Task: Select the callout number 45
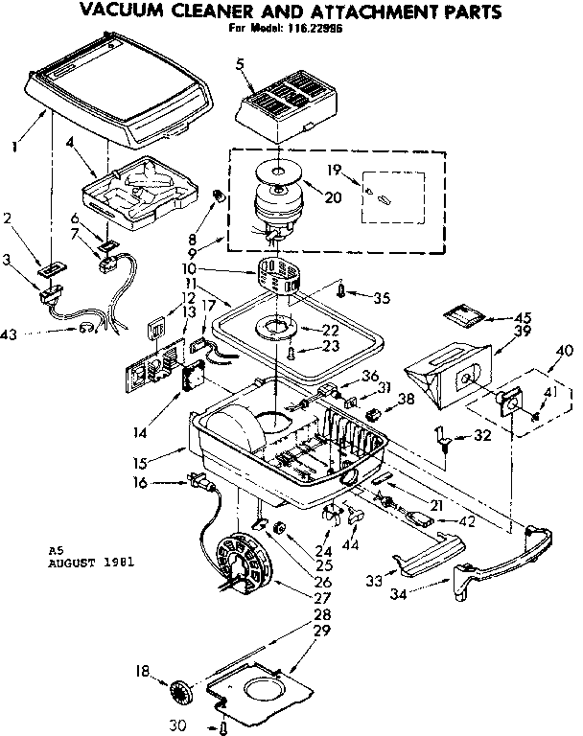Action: (x=522, y=318)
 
